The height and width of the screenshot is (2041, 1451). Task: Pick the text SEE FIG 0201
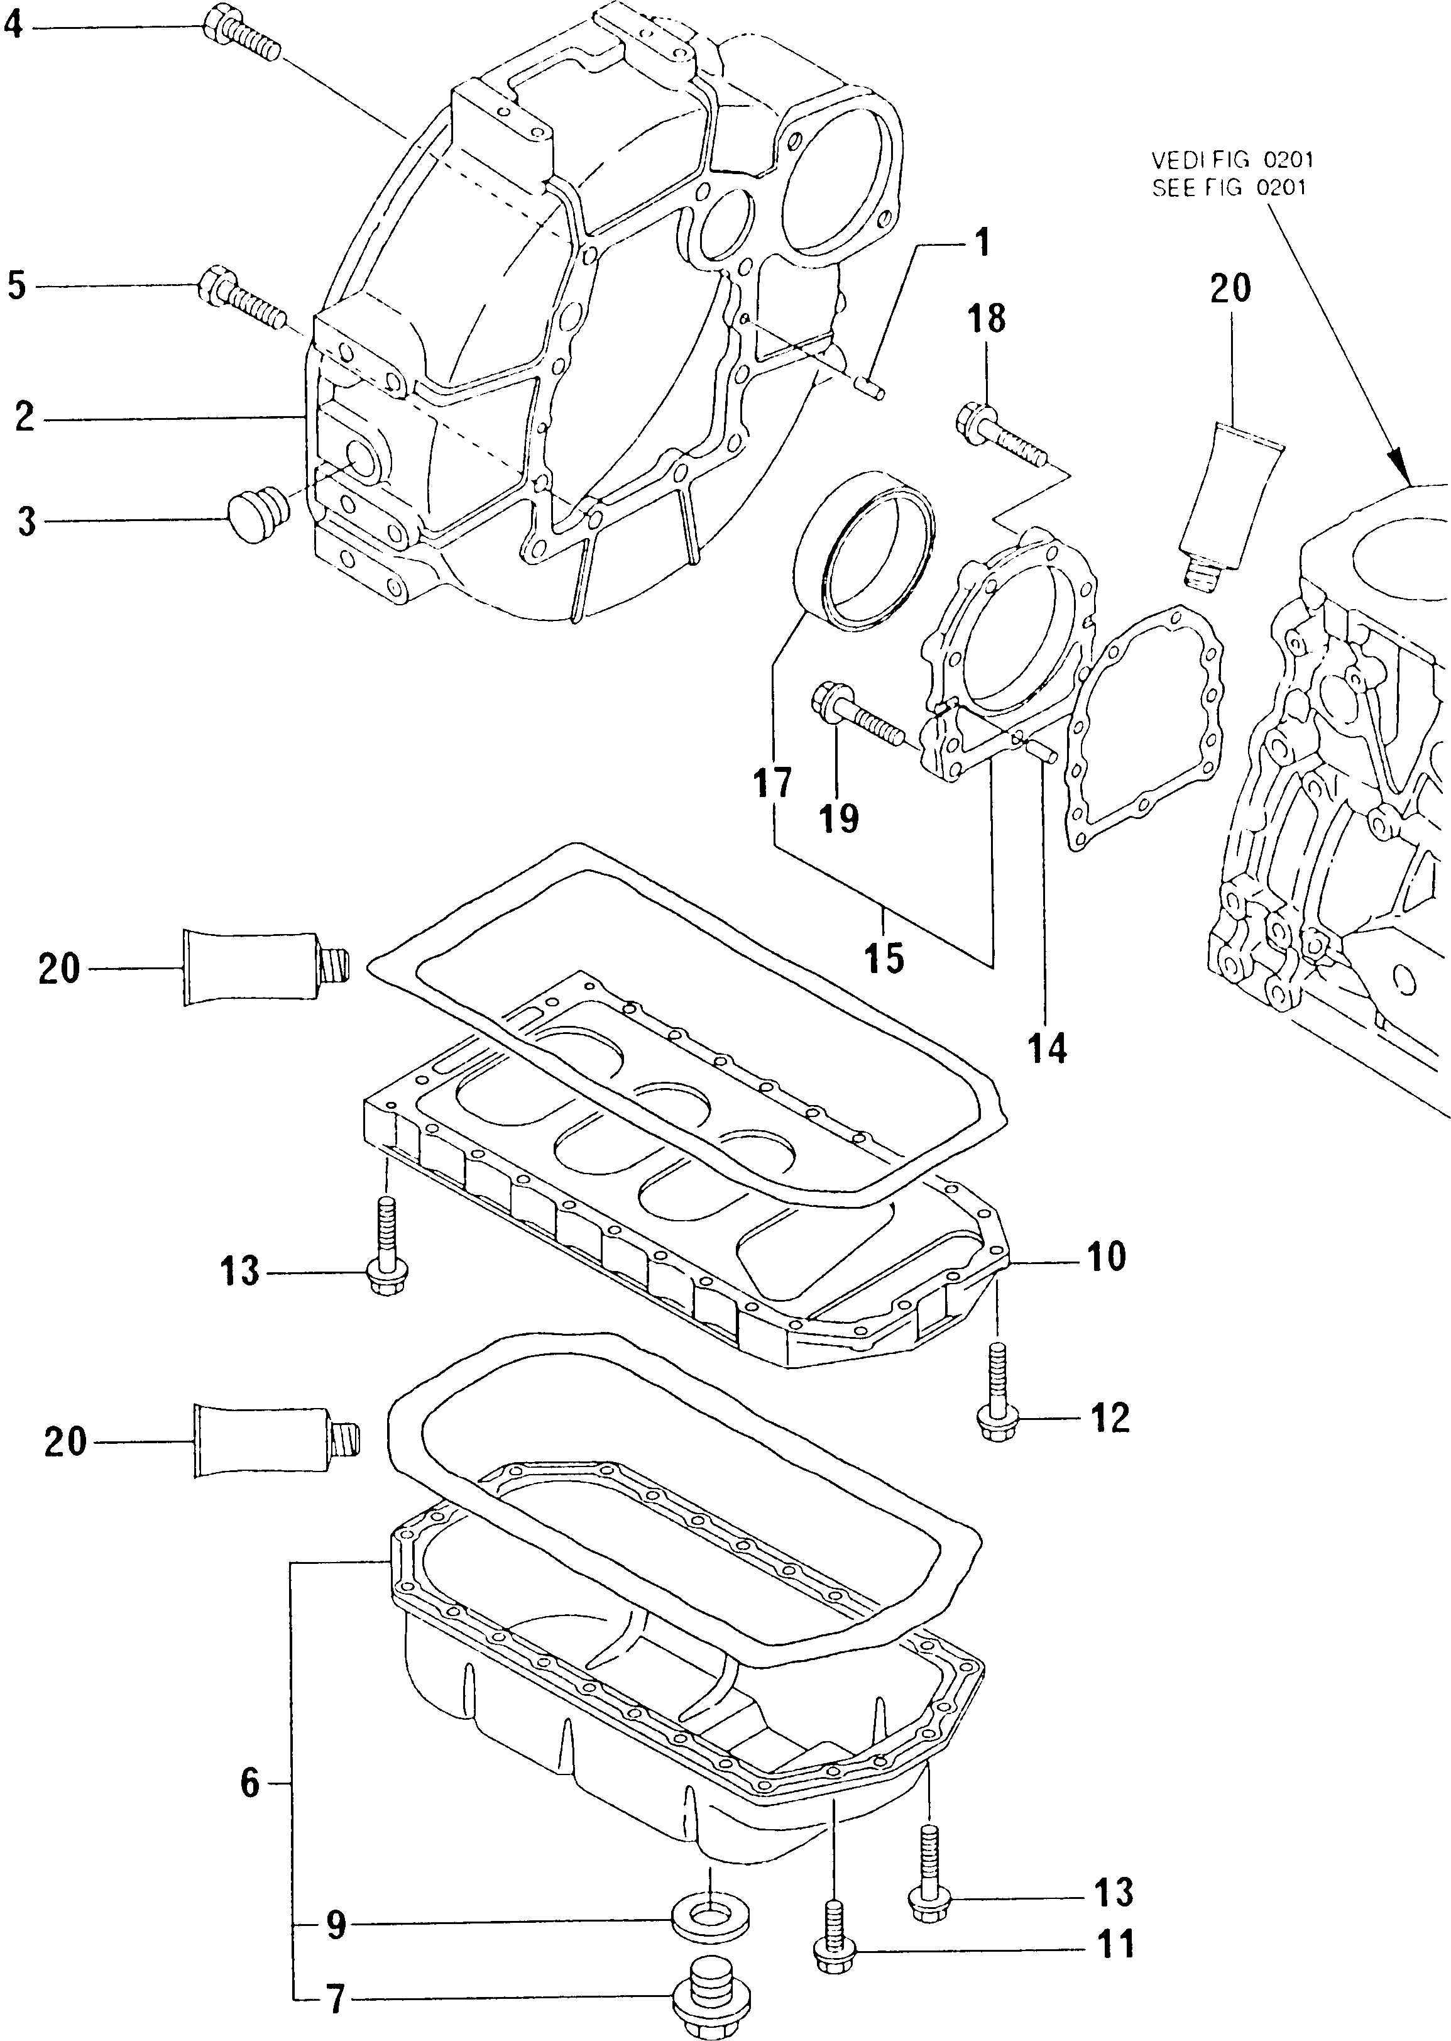tap(1229, 188)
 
